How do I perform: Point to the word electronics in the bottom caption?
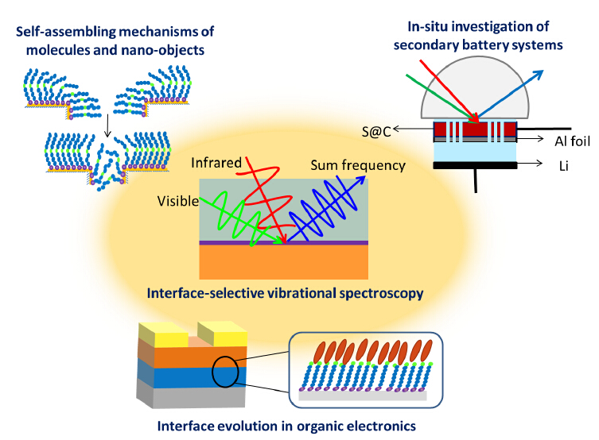click(x=382, y=426)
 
